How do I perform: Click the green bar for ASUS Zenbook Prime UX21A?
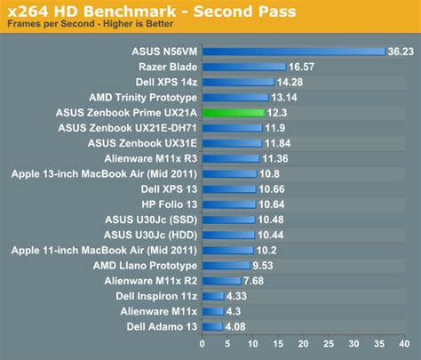[x=234, y=113]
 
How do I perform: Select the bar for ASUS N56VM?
[x=294, y=52]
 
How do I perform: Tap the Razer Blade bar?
[x=244, y=67]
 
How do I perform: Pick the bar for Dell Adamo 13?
[x=212, y=327]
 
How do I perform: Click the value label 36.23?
[x=401, y=52]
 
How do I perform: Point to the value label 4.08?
[x=235, y=327]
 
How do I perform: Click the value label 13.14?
[x=282, y=98]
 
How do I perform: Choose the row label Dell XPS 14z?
[x=165, y=82]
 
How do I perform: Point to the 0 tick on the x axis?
[x=203, y=344]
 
